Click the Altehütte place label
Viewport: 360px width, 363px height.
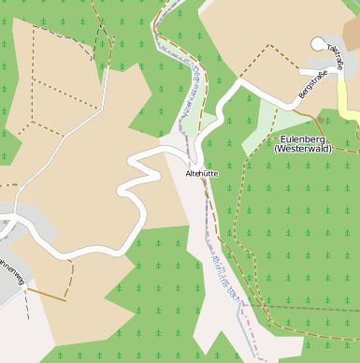pyautogui.click(x=203, y=174)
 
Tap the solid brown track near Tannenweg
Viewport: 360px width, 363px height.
pyautogui.click(x=47, y=294)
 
